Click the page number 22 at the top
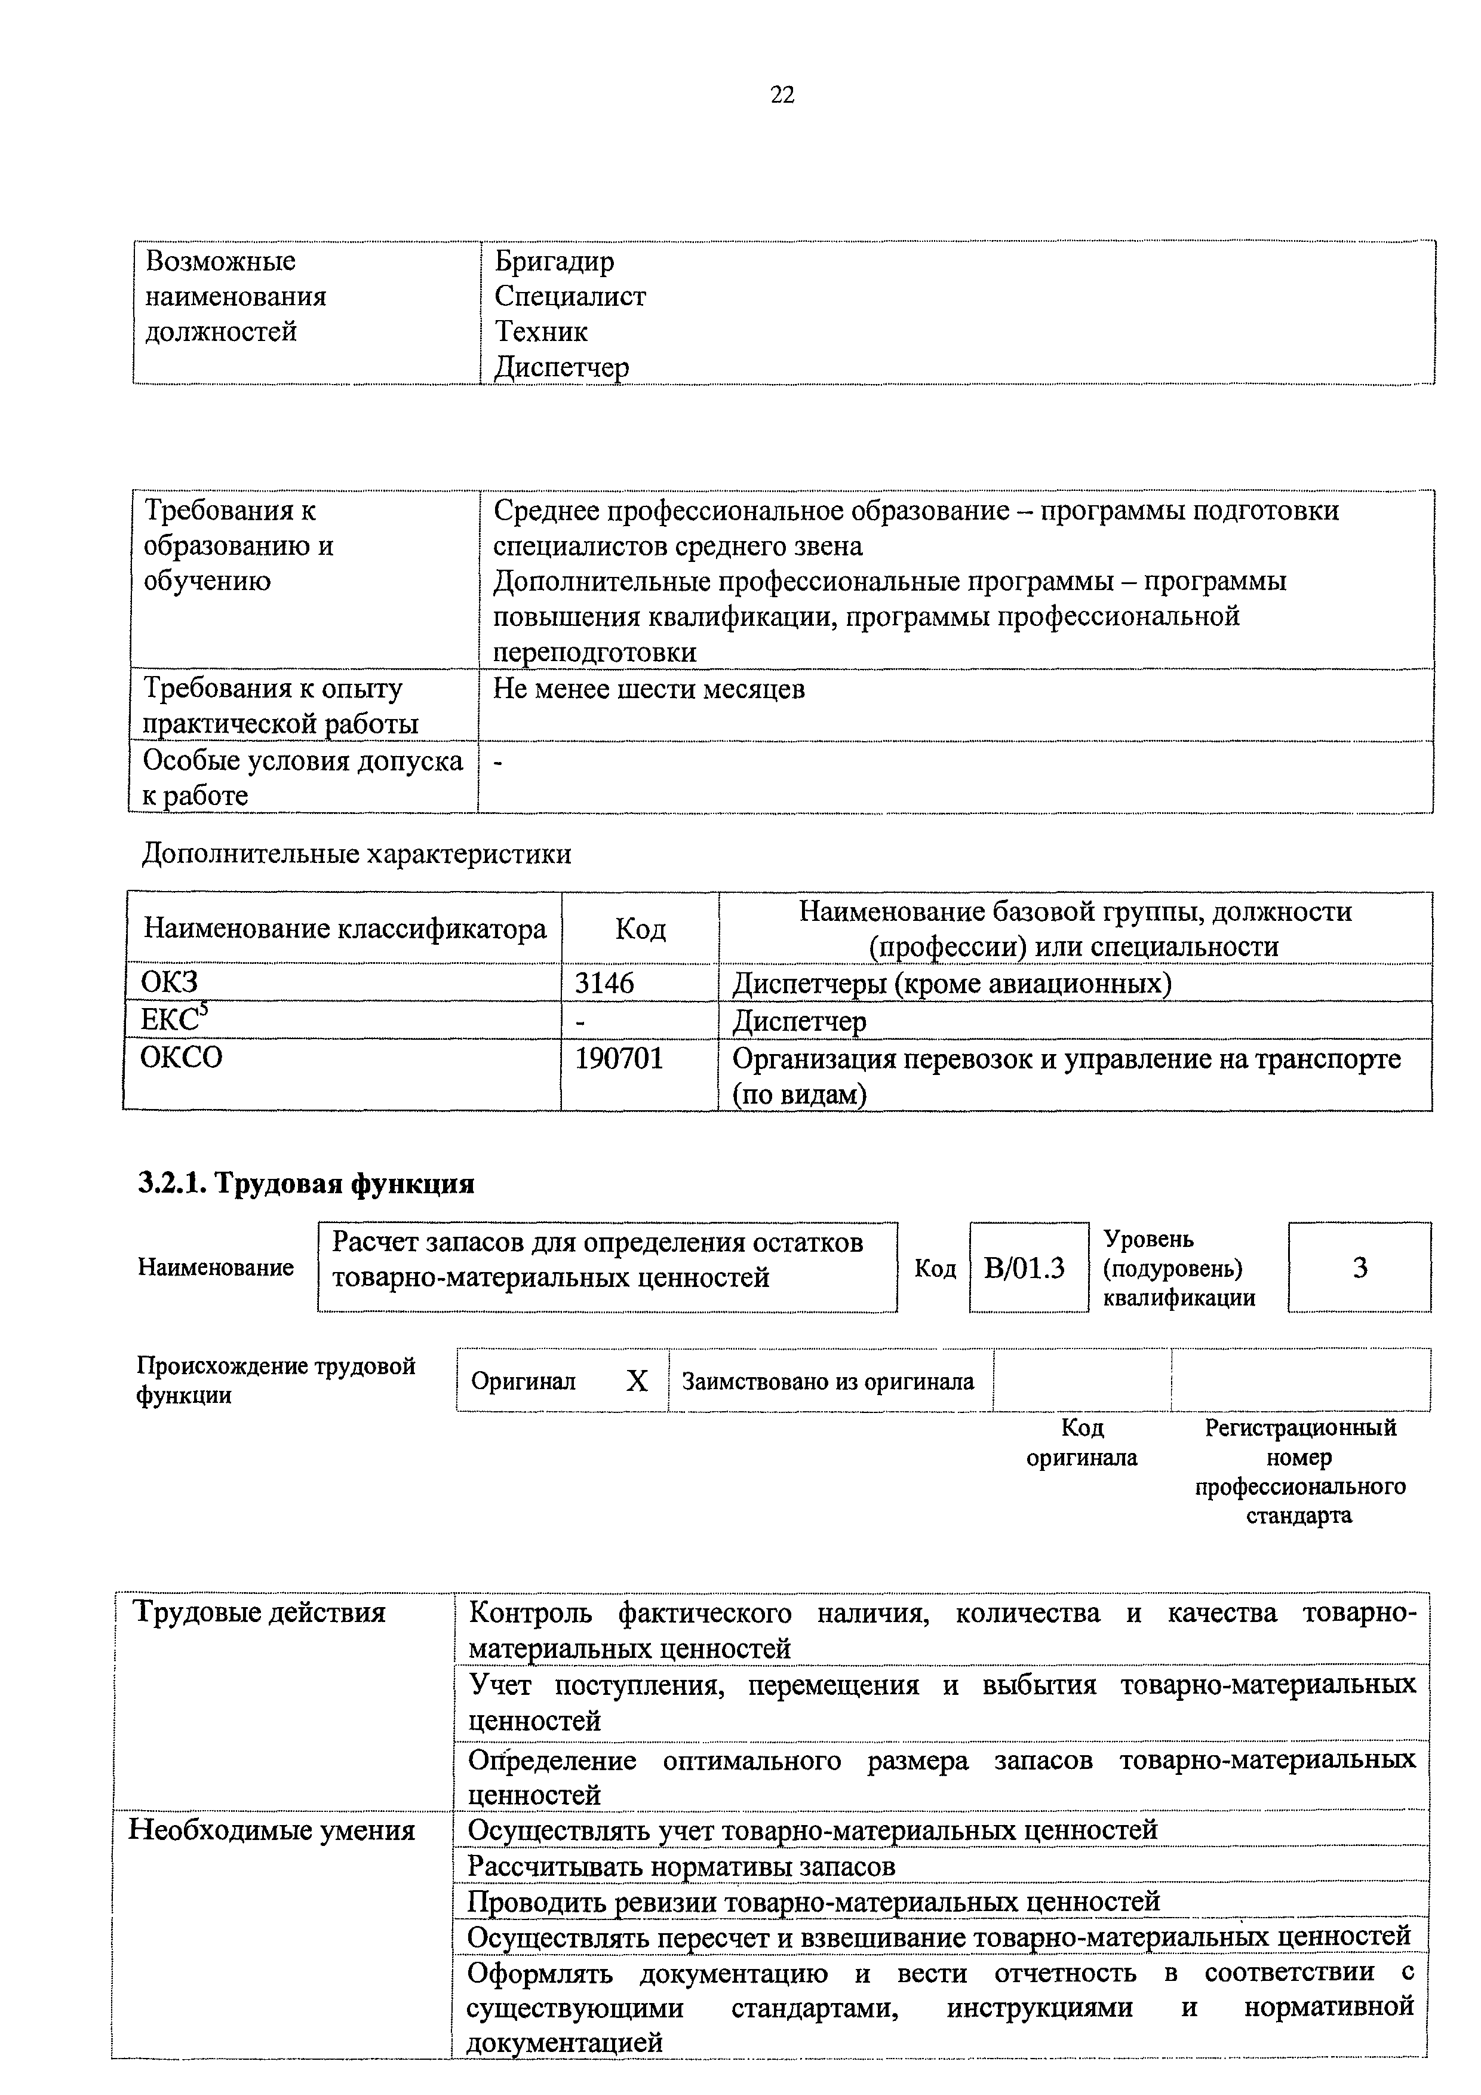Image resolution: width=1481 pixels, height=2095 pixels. (782, 95)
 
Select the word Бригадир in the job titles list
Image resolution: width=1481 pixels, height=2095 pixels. (554, 262)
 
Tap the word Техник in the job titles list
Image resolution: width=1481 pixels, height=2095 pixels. (541, 331)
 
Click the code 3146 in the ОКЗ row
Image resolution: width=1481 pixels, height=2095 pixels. (604, 983)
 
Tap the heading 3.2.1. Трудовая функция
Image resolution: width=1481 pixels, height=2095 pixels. (306, 1184)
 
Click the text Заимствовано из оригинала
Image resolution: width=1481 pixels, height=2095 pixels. (828, 1381)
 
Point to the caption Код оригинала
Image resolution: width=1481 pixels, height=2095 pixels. (1082, 1442)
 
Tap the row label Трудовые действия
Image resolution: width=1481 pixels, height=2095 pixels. (260, 1612)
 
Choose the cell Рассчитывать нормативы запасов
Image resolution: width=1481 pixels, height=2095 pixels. (681, 1866)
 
